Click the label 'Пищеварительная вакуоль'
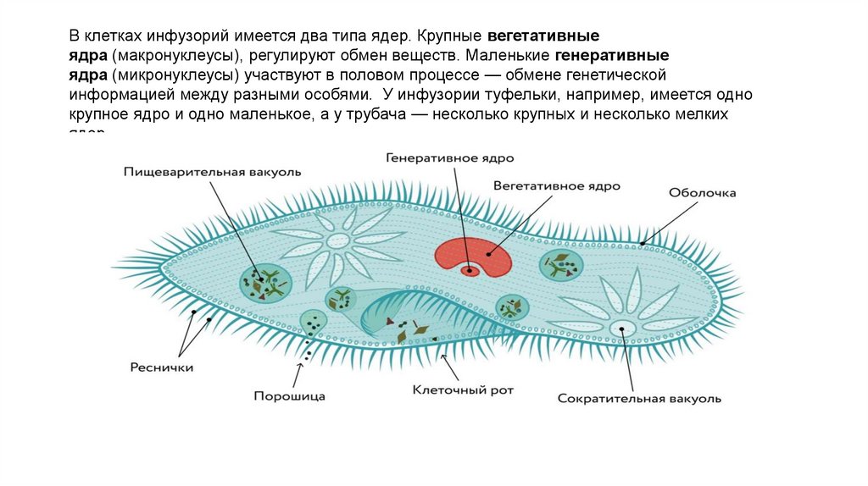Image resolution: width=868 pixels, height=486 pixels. (211, 172)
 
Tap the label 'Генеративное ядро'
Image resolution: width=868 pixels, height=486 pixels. (450, 158)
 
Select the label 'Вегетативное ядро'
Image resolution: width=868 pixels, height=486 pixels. (556, 185)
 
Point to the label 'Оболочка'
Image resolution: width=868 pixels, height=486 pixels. (702, 193)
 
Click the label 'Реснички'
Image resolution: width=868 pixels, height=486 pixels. (162, 368)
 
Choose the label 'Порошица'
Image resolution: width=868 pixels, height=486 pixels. (289, 395)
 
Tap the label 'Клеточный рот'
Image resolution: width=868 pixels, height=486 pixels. (463, 390)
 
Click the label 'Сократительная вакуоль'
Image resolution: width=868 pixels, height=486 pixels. (639, 397)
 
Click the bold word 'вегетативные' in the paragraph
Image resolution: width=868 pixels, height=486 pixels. (543, 37)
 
